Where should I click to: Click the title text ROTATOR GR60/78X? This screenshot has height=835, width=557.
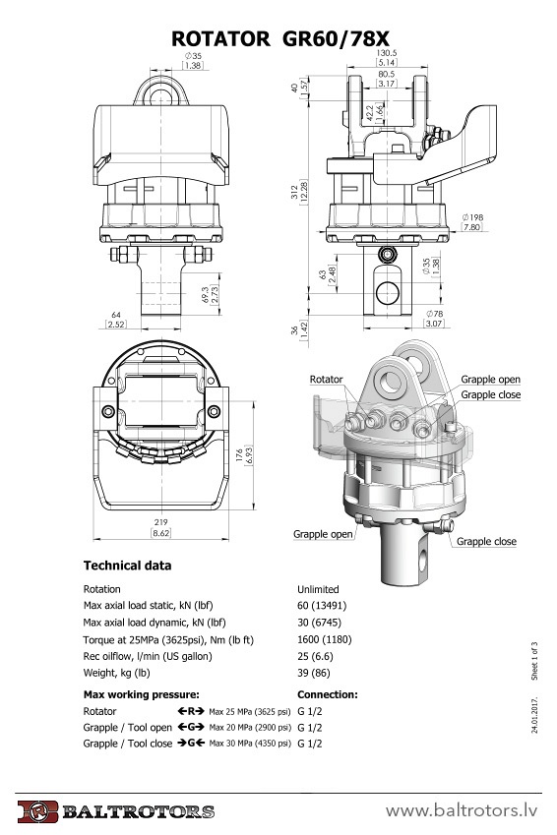tap(280, 38)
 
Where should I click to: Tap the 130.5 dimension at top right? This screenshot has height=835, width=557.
tap(387, 53)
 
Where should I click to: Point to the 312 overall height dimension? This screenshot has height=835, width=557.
tap(295, 192)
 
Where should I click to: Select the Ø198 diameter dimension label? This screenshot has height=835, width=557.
tap(472, 217)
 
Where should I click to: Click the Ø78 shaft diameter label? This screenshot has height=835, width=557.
tap(435, 314)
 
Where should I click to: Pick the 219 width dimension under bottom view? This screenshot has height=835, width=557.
tap(160, 522)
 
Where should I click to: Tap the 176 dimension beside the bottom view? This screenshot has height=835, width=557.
tap(239, 454)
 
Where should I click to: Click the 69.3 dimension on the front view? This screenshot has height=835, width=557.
tap(206, 294)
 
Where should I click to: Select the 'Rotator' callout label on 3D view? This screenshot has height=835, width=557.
tap(326, 380)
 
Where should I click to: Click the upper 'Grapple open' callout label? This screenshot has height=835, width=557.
tap(490, 380)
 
